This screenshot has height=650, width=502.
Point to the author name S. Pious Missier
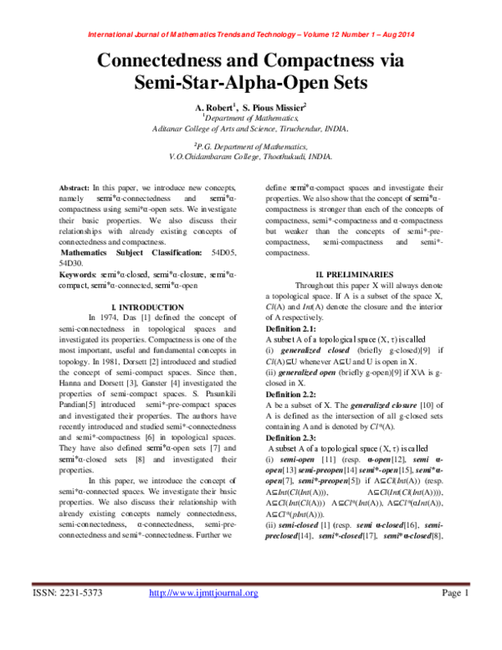[x=274, y=107]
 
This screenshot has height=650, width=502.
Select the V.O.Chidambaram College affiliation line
[x=250, y=156]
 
